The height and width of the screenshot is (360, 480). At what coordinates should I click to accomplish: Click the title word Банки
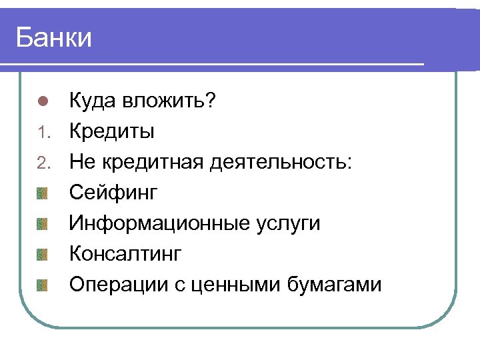[x=54, y=37]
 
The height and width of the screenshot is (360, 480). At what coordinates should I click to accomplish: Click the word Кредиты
[x=112, y=131]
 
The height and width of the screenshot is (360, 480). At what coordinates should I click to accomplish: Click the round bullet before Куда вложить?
[x=42, y=102]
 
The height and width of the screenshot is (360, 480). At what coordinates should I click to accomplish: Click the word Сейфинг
[x=114, y=193]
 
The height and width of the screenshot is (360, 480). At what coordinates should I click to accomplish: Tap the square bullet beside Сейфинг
[x=43, y=193]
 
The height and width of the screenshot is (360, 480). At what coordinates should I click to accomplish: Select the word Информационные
[x=159, y=223]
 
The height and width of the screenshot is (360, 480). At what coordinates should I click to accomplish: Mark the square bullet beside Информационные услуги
[x=43, y=224]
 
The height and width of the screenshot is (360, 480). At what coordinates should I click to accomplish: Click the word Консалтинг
[x=125, y=254]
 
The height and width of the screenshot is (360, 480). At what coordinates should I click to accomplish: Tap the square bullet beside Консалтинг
[x=43, y=255]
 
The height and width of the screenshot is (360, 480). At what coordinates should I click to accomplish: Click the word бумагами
[x=335, y=285]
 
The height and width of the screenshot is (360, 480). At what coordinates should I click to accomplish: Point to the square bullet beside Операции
[x=43, y=285]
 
